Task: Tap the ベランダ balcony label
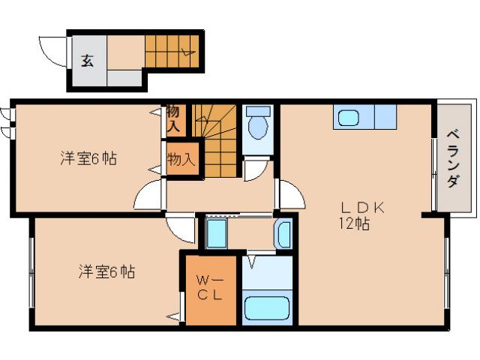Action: pos(453,159)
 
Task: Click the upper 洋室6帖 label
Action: pos(88,159)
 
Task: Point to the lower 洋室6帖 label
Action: pos(106,271)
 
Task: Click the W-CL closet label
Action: pos(209,288)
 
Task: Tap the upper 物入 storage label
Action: pos(173,118)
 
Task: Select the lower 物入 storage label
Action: pos(181,159)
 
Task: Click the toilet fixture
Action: pos(258,123)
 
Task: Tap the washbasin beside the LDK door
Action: pos(284,234)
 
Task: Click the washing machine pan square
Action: pos(217,234)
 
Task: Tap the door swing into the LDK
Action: pos(291,196)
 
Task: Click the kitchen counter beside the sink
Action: pos(384,118)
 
